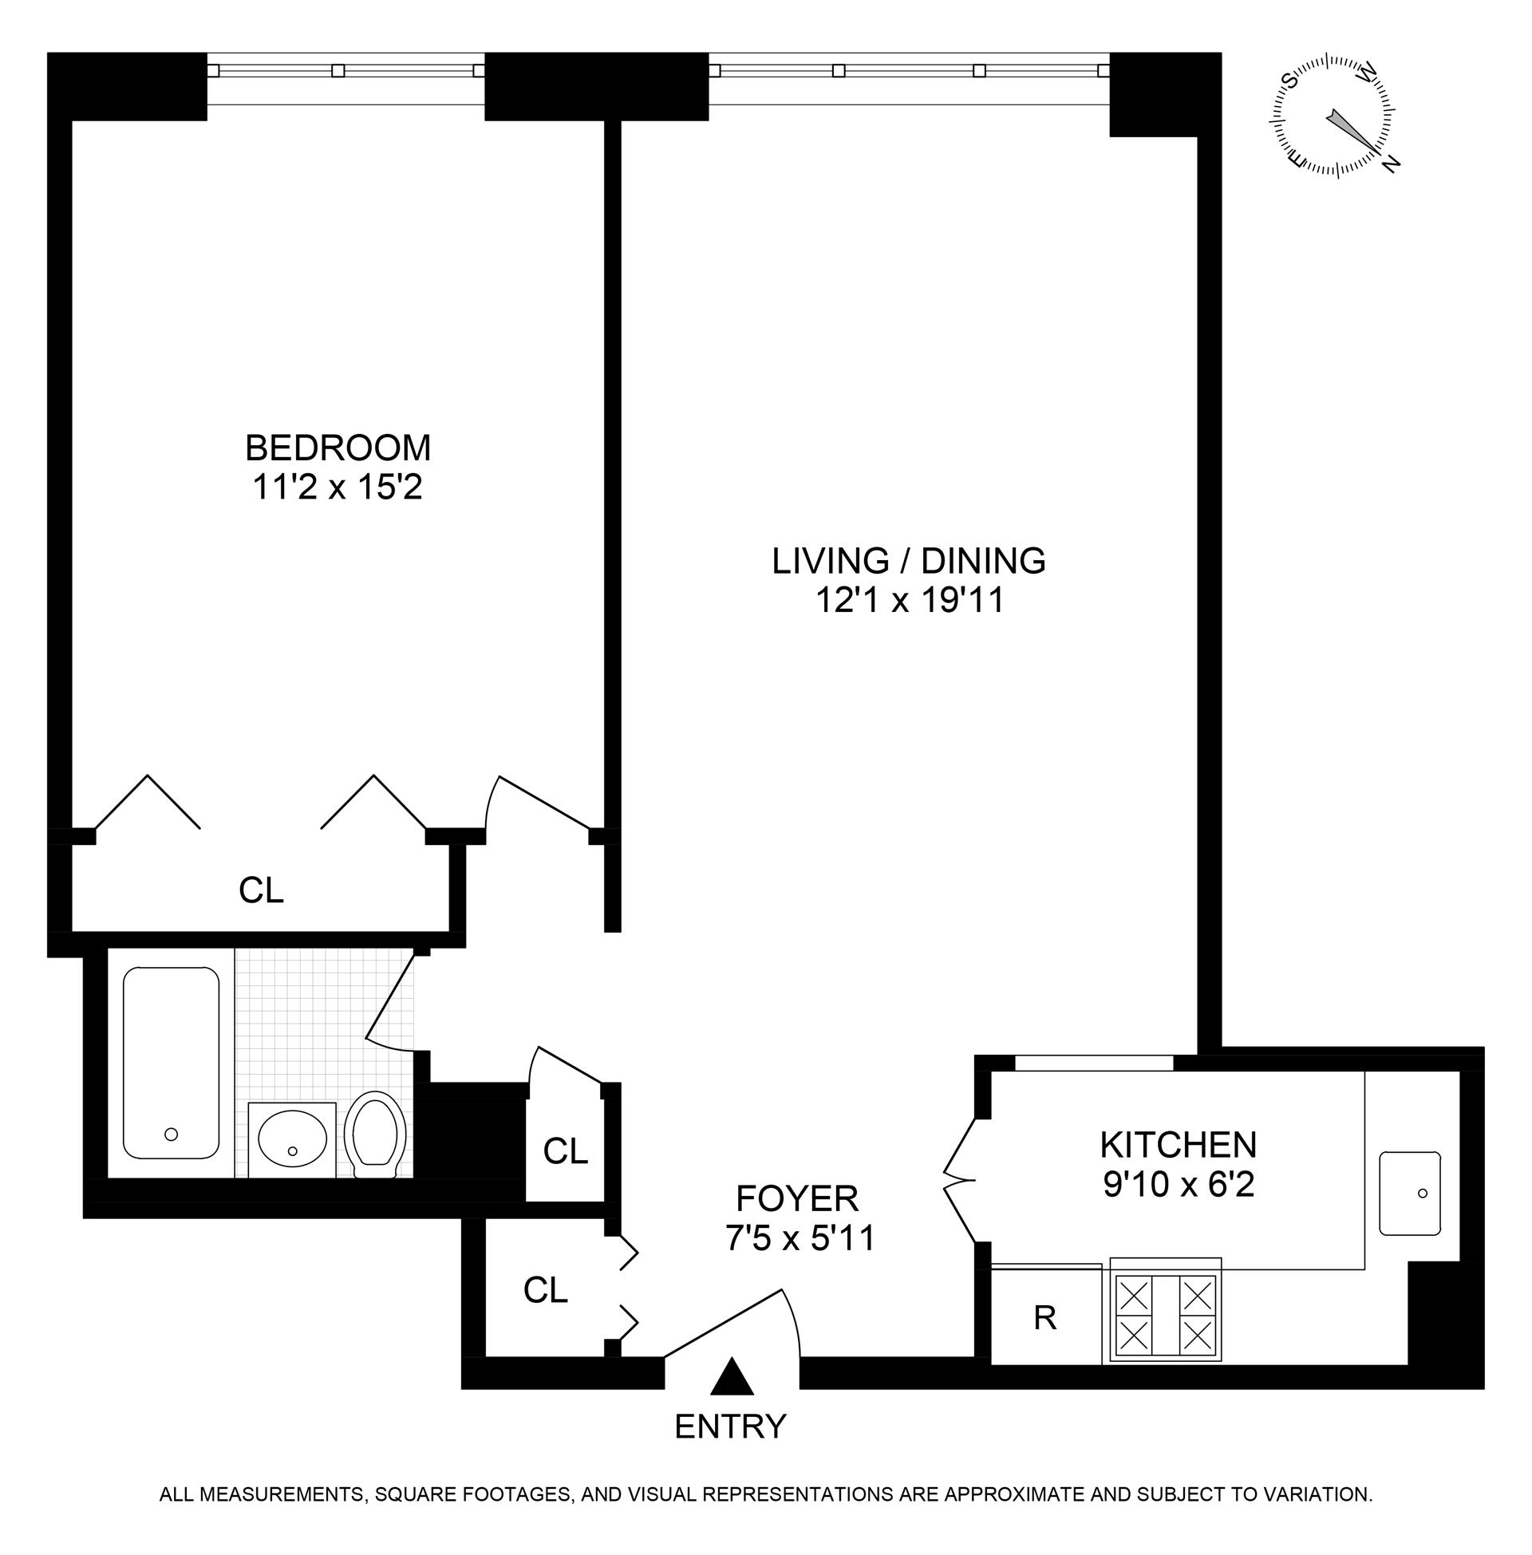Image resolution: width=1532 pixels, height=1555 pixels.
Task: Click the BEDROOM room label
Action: [338, 448]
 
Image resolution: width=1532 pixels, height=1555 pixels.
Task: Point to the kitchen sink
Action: [1409, 1192]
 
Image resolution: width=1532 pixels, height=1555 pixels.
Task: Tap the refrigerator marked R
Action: [1044, 1317]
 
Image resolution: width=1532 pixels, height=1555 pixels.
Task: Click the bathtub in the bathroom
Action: [171, 1062]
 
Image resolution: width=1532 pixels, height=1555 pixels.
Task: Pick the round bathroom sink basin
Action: [292, 1140]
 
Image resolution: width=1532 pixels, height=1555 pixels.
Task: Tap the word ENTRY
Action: [730, 1427]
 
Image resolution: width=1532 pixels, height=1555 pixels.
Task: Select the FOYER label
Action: [797, 1198]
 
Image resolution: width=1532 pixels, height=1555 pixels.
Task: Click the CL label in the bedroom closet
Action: [262, 890]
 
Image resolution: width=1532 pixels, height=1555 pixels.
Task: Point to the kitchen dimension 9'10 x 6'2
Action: [1178, 1184]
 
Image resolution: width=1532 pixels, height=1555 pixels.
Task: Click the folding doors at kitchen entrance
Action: [959, 1180]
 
